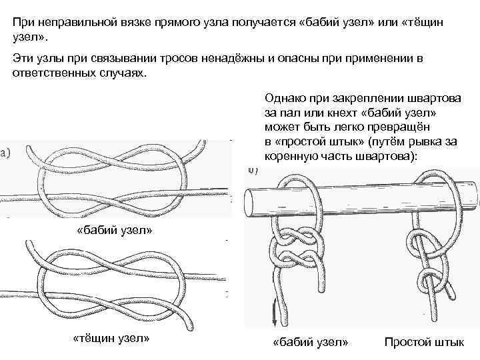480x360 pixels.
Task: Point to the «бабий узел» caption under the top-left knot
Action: click(x=115, y=230)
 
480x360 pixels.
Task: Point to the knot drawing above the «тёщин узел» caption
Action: click(x=107, y=283)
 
